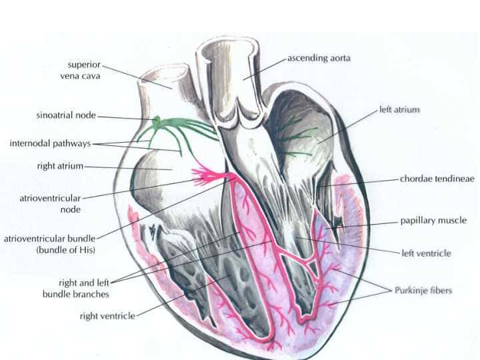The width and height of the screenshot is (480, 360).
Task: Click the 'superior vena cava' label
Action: [x=80, y=70]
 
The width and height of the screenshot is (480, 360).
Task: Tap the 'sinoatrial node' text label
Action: [x=66, y=115]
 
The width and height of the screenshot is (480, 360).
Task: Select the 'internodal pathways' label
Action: [x=51, y=143]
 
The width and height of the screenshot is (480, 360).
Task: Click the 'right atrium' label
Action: [x=60, y=166]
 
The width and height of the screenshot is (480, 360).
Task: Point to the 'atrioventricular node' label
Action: [x=50, y=204]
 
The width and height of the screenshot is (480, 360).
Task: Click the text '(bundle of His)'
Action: [x=66, y=250]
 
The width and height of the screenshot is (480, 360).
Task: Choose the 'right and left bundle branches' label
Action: [x=76, y=289]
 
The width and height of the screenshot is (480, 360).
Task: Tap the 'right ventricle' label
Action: [x=107, y=316]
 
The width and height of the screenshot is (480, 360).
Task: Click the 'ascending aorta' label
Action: [x=319, y=58]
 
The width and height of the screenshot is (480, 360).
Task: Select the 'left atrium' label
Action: [x=399, y=109]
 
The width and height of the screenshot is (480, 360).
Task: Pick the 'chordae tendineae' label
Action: [x=437, y=179]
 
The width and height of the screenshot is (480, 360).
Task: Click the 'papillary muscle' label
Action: [x=433, y=221]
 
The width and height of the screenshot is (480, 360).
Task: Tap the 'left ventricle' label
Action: [x=427, y=253]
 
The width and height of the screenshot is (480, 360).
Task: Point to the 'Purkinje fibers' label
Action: [x=423, y=290]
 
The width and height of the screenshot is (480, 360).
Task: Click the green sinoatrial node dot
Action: [x=157, y=119]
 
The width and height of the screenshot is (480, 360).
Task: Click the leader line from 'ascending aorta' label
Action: [x=265, y=69]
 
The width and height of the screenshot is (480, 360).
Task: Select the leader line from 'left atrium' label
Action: [x=347, y=127]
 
